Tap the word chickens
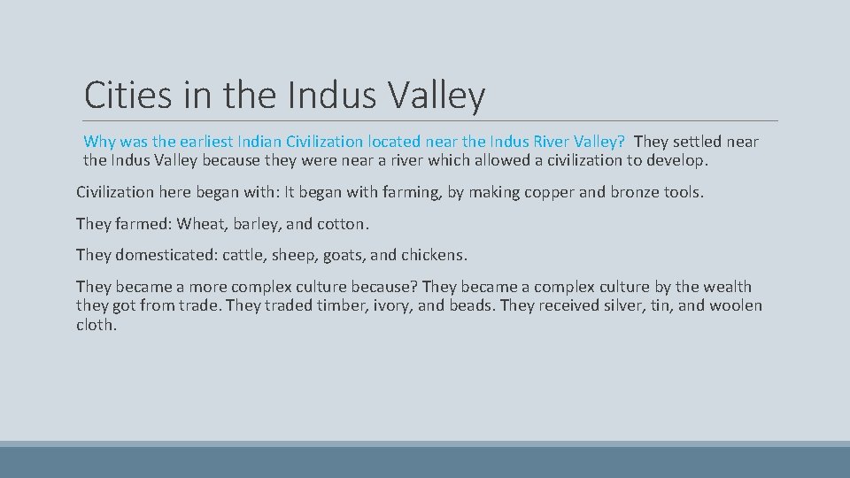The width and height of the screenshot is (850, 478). (433, 255)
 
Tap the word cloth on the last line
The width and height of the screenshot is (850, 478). (96, 325)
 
